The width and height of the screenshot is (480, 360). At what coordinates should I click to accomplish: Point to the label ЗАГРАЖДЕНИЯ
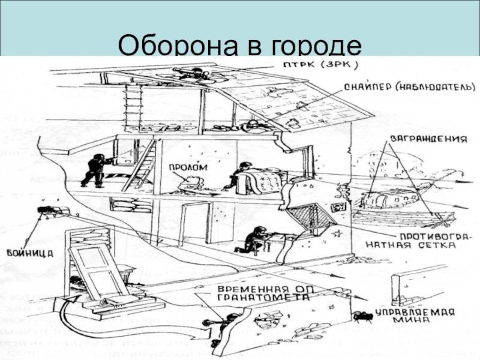click(428, 139)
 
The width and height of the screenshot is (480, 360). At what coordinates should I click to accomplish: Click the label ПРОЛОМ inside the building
click(188, 167)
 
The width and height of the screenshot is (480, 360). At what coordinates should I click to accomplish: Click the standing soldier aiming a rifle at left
click(95, 170)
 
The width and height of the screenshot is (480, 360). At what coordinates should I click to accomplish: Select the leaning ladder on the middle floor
click(139, 165)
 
